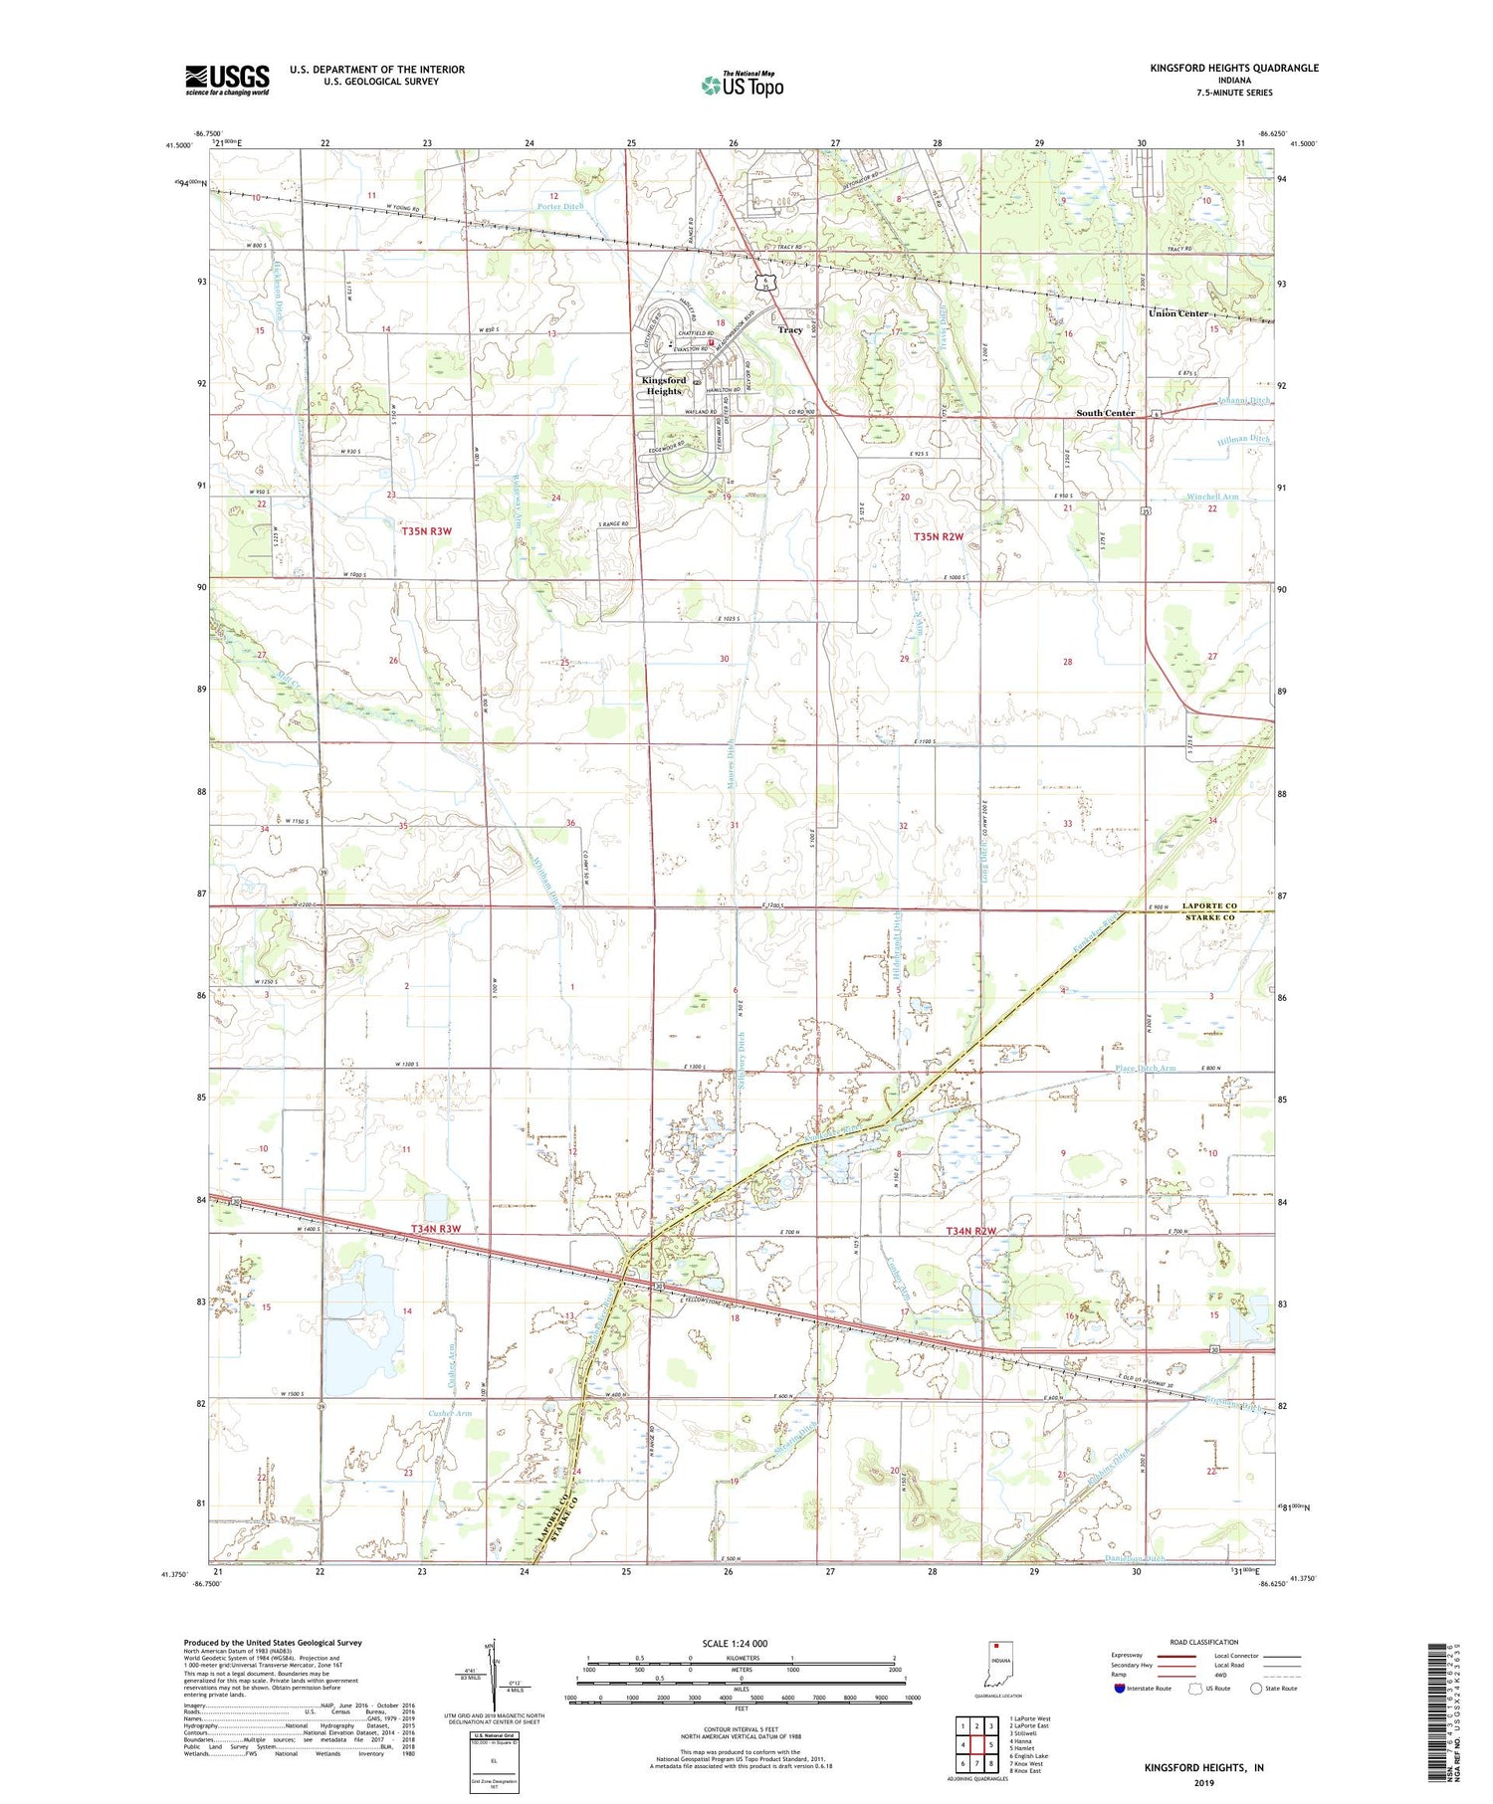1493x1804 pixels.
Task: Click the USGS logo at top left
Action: [x=227, y=80]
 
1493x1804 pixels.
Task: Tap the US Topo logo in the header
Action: [x=742, y=86]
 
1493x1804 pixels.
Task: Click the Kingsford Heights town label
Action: [x=664, y=385]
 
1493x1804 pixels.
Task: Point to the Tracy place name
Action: [x=790, y=329]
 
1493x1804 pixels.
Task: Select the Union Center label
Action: [x=1178, y=313]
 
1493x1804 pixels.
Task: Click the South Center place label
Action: [x=1105, y=412]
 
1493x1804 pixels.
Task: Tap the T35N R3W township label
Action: [x=426, y=531]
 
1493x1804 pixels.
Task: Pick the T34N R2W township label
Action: [x=970, y=1231]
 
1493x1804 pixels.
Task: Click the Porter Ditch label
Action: [x=560, y=207]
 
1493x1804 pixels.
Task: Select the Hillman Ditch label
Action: [x=1243, y=439]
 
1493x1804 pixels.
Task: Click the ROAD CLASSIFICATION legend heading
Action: [x=1204, y=1642]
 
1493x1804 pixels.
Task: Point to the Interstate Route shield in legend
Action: [x=1120, y=1689]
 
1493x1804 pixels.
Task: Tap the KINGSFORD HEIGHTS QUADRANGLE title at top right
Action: [x=1234, y=68]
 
